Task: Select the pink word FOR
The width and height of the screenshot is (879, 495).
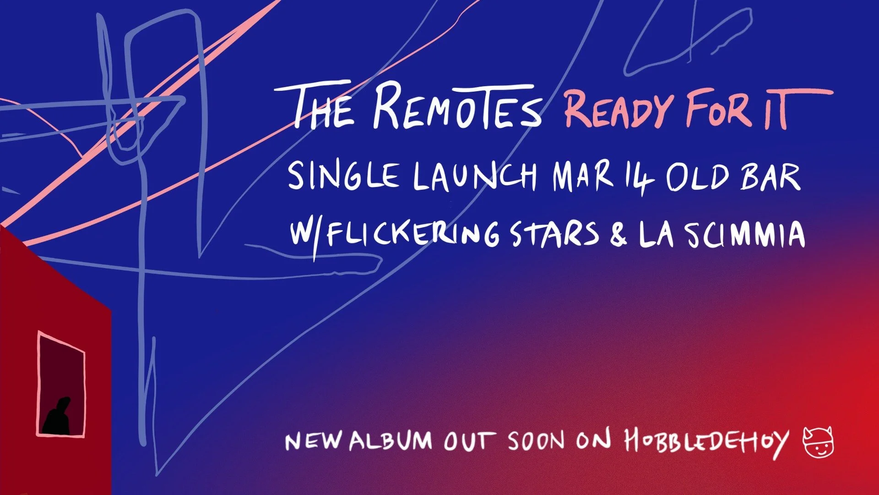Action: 719,110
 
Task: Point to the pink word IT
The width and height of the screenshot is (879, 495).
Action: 778,110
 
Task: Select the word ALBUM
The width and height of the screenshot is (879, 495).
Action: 391,441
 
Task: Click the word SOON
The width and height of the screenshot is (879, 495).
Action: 536,441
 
